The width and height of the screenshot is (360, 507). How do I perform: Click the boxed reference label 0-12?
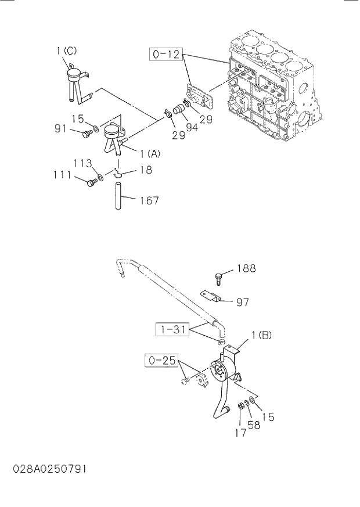tap(167, 55)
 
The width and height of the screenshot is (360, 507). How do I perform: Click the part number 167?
tap(149, 201)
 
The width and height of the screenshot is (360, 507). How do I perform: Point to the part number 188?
tap(246, 269)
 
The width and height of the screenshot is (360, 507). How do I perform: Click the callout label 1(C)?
tap(66, 51)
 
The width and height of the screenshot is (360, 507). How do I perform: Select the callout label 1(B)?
tap(261, 335)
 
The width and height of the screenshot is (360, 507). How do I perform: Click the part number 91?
tap(62, 129)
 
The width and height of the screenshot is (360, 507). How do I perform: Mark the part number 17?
tap(240, 432)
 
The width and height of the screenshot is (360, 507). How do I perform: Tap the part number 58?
tap(254, 425)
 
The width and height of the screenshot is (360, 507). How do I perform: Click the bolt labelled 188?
tap(219, 278)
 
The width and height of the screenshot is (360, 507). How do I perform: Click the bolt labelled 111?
tap(91, 183)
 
